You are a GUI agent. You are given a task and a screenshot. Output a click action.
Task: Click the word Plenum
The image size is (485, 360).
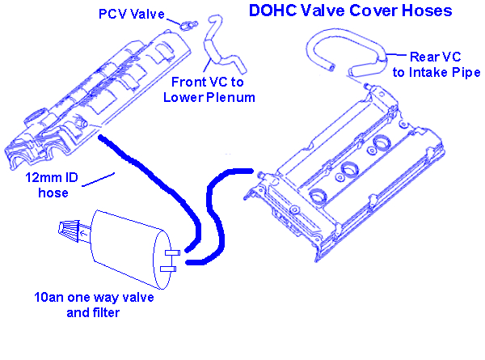coord(232,97)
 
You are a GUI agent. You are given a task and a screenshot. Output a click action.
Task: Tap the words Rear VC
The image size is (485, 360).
coord(434,57)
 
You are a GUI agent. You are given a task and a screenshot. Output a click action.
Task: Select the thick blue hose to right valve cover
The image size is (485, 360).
coord(212,210)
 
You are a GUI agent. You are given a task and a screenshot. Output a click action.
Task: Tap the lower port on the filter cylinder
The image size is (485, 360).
coord(169,268)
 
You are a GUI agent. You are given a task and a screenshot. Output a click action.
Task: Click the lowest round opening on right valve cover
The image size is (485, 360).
coord(319,194)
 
